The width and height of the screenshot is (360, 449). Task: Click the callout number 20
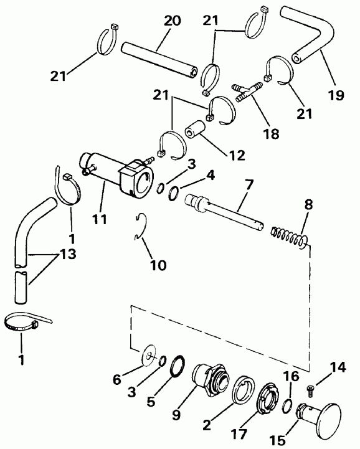coord(172,21)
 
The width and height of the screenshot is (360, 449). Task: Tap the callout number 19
coord(336,95)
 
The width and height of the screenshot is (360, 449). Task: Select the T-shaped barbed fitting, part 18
coord(247,92)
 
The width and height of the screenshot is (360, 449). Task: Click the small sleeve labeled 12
coord(196,130)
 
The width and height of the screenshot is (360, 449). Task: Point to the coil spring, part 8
coord(290,236)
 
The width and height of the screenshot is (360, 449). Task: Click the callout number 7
coord(249,185)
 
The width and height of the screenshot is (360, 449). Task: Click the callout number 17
coord(239,434)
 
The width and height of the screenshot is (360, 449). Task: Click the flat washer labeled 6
coord(149,356)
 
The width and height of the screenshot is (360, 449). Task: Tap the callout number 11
coord(100,219)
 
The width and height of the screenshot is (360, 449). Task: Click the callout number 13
coord(68,253)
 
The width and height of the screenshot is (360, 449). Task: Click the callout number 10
coord(158,265)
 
